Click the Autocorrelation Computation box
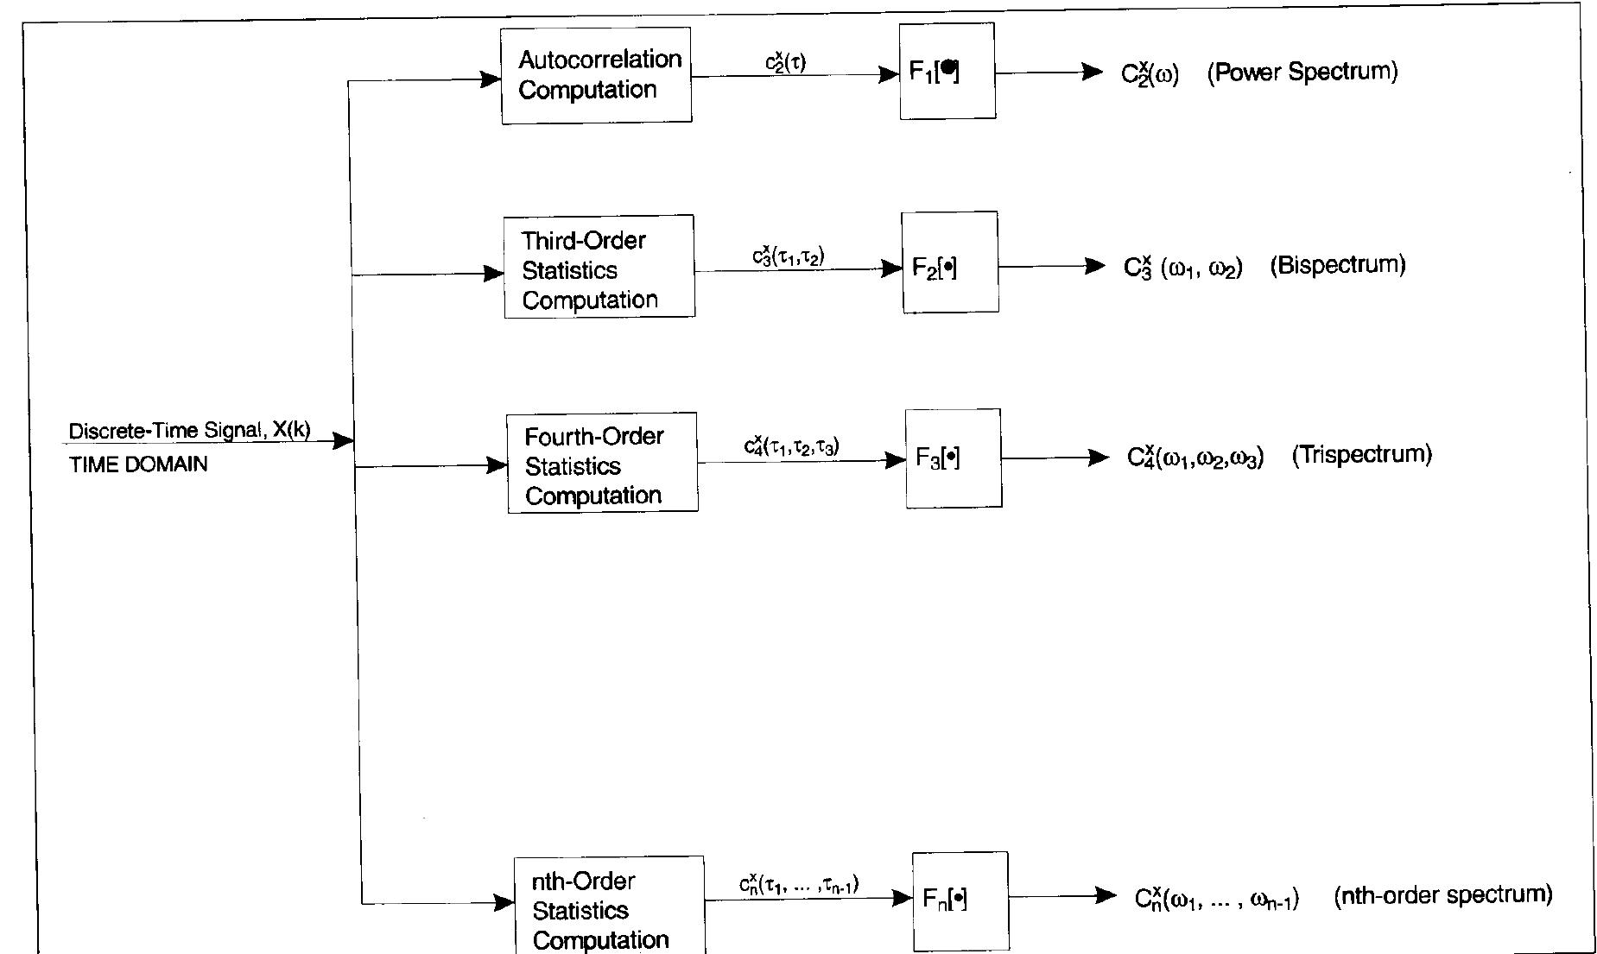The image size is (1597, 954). [x=596, y=75]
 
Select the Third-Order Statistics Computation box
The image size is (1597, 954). [x=599, y=267]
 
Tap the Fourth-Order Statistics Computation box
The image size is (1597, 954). [x=603, y=463]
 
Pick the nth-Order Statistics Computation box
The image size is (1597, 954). [x=609, y=906]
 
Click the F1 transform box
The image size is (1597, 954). [x=947, y=71]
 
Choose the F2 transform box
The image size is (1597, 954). [x=950, y=262]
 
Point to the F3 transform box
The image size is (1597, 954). [x=954, y=458]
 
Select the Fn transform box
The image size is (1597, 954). [x=960, y=901]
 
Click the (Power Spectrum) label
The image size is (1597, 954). [x=1302, y=72]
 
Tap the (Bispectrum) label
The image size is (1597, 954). [x=1338, y=265]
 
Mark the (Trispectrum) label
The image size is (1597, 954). [x=1362, y=454]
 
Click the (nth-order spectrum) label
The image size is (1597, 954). [x=1443, y=894]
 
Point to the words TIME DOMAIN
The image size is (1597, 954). [x=138, y=464]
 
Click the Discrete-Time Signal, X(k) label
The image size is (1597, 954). [x=189, y=430]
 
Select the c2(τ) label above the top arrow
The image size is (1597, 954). [x=786, y=62]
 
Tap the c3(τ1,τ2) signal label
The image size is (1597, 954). [x=788, y=256]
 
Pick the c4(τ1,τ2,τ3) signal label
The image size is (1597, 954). [x=792, y=446]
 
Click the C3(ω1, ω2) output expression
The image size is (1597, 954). [x=1183, y=267]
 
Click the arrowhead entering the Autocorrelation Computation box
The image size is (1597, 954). [x=491, y=79]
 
